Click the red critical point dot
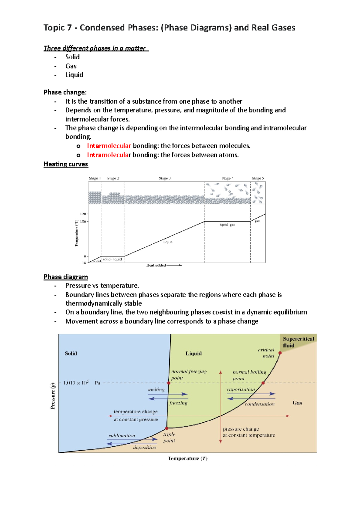[280, 353]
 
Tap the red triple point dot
[167, 428]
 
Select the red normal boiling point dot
[263, 383]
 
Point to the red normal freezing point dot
[169, 383]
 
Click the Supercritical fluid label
[298, 342]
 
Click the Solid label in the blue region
[71, 353]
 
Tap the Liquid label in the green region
[193, 353]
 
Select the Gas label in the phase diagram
[297, 403]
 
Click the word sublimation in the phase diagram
[122, 436]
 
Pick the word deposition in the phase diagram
[145, 447]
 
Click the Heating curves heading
[66, 164]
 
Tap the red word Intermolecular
[109, 146]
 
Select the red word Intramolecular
[108, 155]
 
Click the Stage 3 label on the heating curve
[165, 178]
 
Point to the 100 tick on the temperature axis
[83, 222]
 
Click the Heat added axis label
[156, 265]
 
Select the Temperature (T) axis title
[188, 458]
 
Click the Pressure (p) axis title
[53, 396]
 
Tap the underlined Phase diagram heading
[66, 277]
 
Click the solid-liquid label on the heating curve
[112, 259]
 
